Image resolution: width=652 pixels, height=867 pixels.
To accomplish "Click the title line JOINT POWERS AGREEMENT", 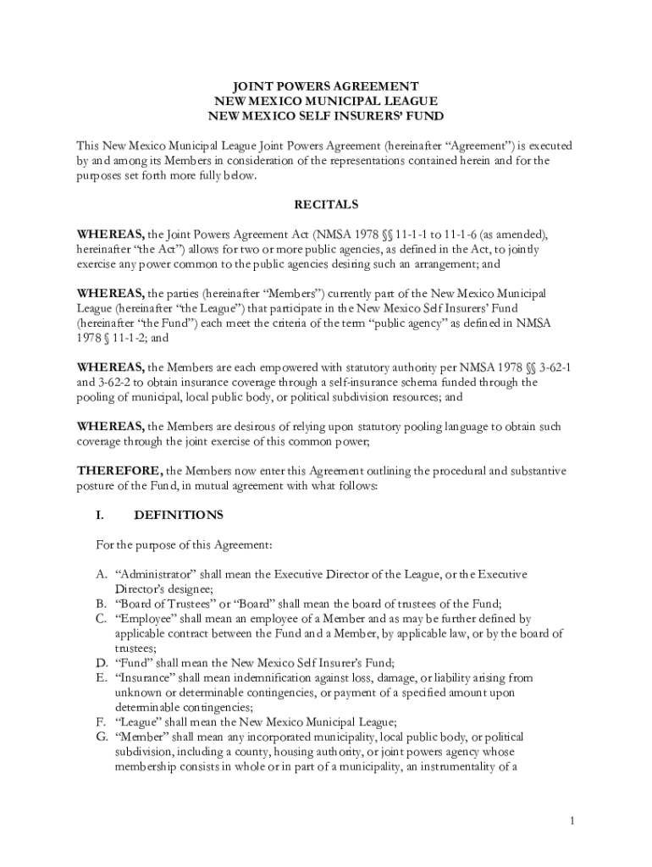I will point(326,86).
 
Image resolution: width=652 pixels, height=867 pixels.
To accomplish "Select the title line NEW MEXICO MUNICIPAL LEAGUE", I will point(326,101).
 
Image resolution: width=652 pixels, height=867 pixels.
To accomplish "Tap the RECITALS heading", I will point(326,205).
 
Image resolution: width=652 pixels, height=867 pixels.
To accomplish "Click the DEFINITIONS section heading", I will point(179,515).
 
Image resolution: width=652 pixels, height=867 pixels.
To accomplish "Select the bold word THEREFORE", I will point(119,471).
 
